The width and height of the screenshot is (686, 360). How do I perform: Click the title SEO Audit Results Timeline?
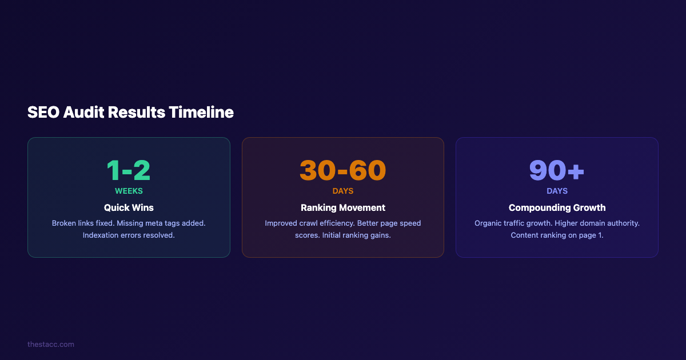[x=130, y=113]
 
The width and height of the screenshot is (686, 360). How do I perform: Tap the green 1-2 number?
[x=129, y=170]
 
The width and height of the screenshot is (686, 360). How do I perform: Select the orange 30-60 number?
[x=343, y=170]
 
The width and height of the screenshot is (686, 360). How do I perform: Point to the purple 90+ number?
[x=557, y=170]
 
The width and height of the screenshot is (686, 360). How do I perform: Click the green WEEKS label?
[x=129, y=191]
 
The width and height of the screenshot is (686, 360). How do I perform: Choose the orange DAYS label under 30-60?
[x=343, y=191]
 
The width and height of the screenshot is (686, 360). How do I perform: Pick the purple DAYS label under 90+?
[x=557, y=191]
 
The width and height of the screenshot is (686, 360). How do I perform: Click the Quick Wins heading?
[x=129, y=207]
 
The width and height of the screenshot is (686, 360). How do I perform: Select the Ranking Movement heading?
[x=343, y=207]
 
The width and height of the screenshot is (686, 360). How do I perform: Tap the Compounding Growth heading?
[x=557, y=207]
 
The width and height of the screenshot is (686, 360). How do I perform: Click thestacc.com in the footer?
[x=51, y=344]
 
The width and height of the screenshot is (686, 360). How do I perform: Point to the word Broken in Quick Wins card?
[x=64, y=223]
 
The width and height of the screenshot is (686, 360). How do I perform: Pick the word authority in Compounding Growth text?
[x=621, y=223]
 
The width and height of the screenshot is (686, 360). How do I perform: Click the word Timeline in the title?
[x=201, y=113]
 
